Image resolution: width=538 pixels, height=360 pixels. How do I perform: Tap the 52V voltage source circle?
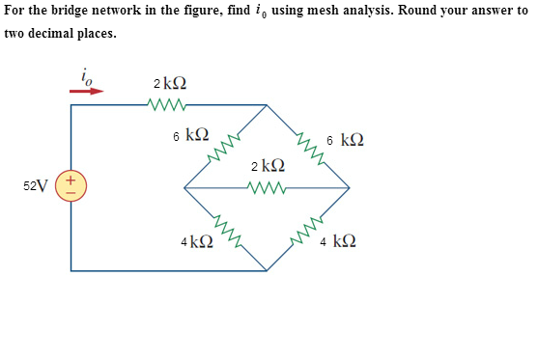tap(71, 185)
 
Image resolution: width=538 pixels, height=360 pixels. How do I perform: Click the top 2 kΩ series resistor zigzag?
tap(164, 102)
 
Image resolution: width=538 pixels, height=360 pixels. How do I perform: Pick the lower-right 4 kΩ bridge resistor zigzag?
tap(309, 229)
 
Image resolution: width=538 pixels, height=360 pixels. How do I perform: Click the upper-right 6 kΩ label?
tap(346, 140)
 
